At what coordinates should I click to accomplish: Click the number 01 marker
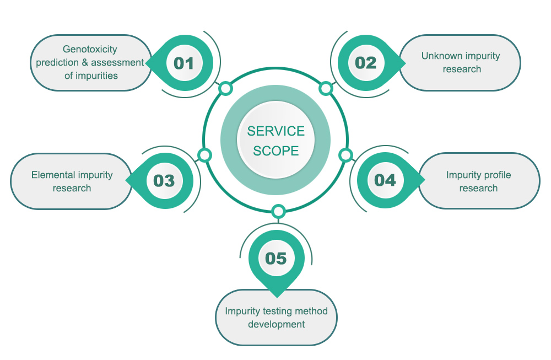[x=184, y=63]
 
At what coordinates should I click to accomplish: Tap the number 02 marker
[x=366, y=63]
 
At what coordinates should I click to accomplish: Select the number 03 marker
[x=164, y=181]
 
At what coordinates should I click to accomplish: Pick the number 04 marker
[x=385, y=180]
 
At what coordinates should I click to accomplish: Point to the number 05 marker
[x=276, y=259]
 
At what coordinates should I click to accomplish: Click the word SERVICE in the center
[x=276, y=131]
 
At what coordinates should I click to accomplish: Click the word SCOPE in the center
[x=276, y=151]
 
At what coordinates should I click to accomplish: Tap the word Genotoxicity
[x=90, y=50]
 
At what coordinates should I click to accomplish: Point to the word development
[x=276, y=325]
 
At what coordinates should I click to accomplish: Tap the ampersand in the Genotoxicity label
[x=85, y=63]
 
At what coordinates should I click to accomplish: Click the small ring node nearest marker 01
[x=225, y=89]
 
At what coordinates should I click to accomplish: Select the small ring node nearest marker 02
[x=326, y=89]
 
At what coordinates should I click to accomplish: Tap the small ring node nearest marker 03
[x=204, y=155]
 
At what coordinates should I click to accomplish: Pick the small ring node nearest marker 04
[x=346, y=155]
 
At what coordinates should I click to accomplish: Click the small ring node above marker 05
[x=278, y=212]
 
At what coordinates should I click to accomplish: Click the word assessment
[x=117, y=63]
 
